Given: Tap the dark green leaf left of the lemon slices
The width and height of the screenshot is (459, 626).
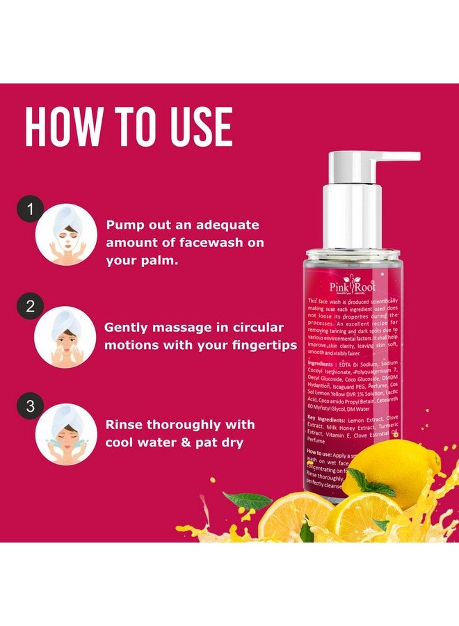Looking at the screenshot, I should click(x=247, y=499).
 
